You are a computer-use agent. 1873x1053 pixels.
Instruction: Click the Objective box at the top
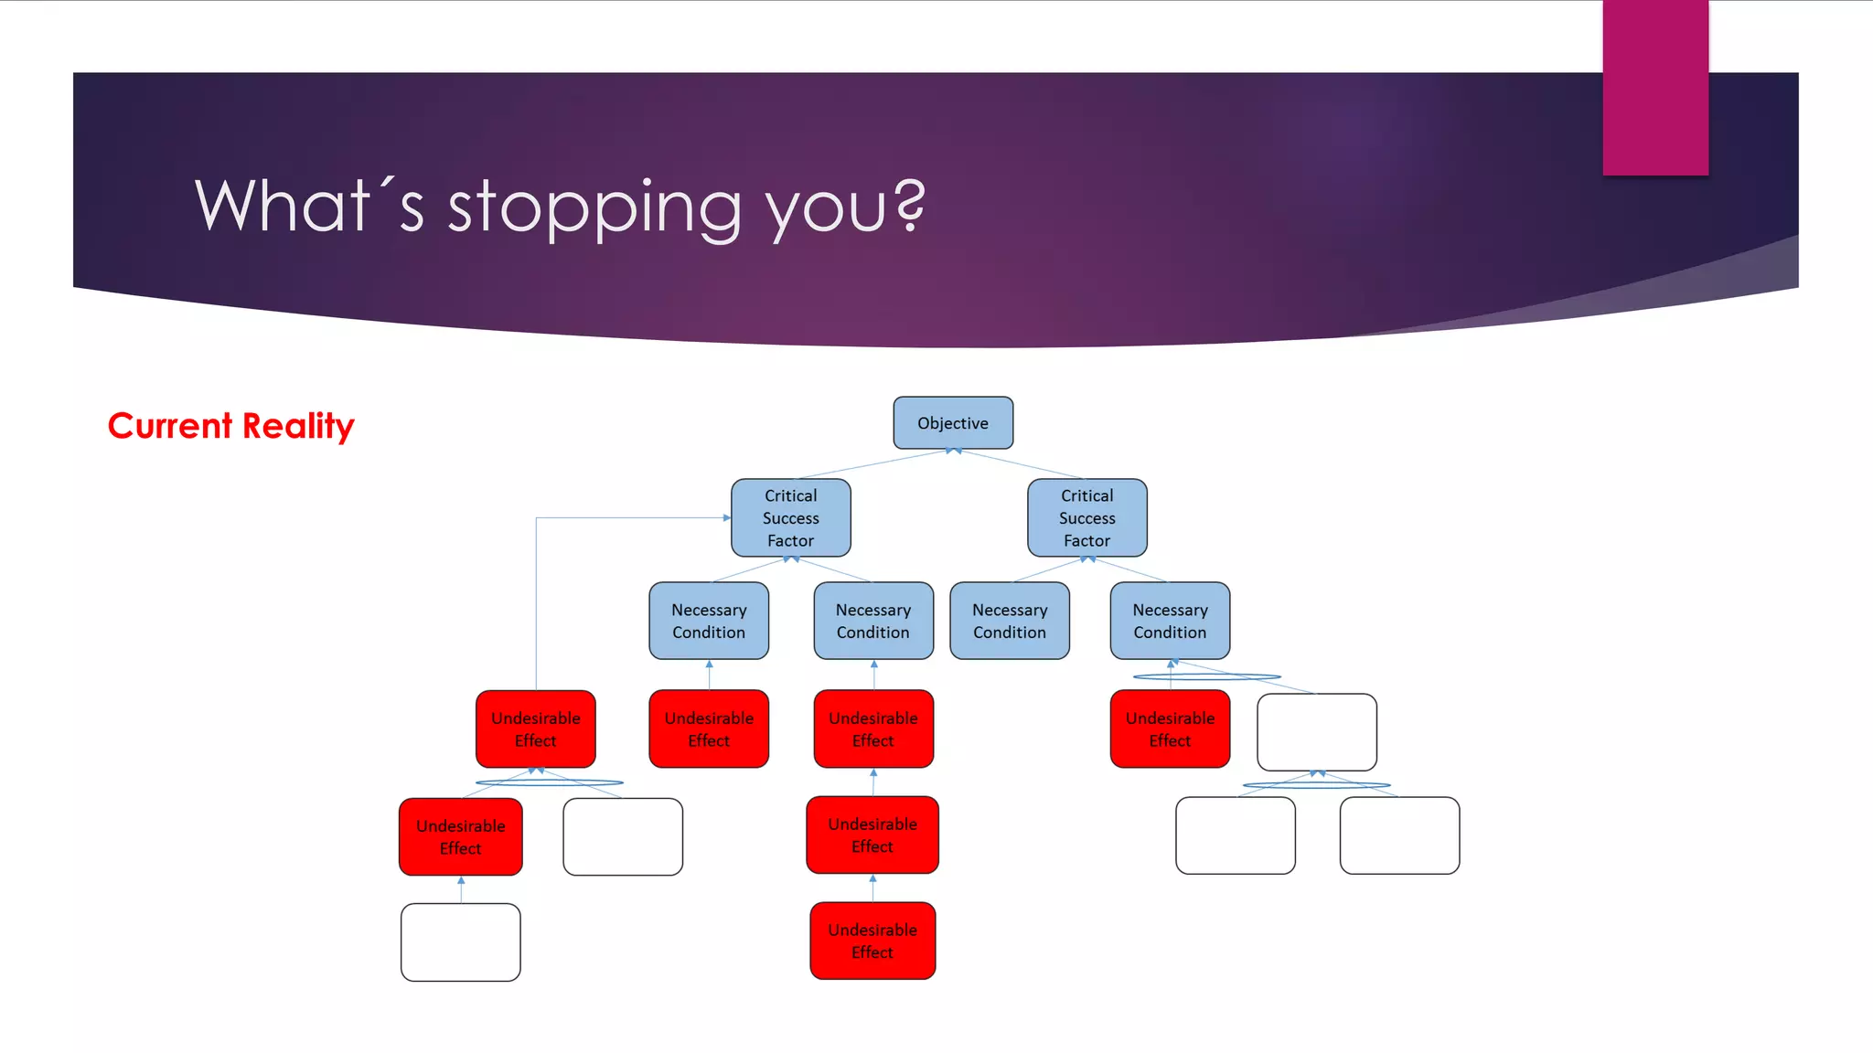953,422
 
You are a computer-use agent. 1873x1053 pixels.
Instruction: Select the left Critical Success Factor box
790,517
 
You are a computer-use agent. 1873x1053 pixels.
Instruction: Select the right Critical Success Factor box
1086,517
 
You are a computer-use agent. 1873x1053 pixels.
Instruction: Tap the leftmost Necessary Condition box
709,621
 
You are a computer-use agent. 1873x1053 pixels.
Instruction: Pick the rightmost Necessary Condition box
1170,621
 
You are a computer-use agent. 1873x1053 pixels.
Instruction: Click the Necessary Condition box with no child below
1009,621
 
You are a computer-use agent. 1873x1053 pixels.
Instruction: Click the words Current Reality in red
230,426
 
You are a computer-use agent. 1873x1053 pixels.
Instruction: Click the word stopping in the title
594,208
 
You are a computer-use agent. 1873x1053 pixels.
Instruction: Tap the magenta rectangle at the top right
1655,87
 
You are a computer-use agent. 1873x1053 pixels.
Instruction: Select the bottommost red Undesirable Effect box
872,941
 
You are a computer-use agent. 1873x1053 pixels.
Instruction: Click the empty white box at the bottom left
460,942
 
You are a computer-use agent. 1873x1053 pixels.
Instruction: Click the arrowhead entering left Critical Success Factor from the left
727,517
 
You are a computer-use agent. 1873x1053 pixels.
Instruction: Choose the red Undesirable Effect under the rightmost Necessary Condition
1170,729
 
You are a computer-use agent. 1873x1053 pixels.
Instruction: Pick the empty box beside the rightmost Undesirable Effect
1316,731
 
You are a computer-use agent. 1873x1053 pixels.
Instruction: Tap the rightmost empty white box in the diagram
1399,835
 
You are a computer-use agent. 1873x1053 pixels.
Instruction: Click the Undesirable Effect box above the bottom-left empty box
460,836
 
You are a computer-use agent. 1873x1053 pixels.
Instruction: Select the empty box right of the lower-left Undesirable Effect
623,836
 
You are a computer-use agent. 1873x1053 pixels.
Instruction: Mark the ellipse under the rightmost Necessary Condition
1206,676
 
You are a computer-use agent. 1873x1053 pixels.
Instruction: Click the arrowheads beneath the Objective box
953,451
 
